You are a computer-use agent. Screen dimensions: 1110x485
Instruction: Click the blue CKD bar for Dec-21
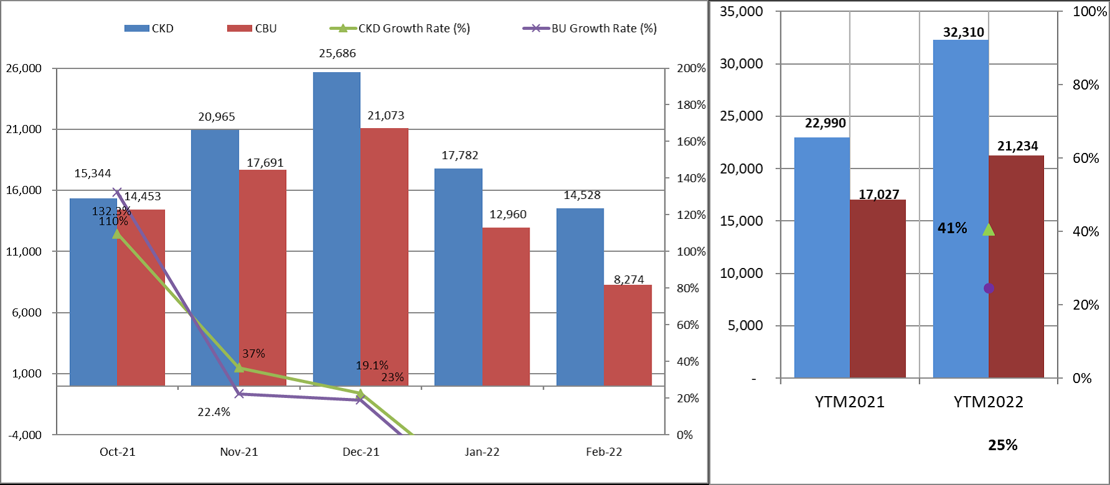337,229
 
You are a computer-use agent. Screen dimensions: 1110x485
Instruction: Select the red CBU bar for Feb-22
628,335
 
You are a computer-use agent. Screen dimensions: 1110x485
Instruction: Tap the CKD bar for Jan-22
459,277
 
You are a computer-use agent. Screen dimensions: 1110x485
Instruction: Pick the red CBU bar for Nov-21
263,278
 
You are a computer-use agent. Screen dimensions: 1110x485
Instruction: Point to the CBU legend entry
252,29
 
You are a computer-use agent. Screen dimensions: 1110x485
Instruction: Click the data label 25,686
337,53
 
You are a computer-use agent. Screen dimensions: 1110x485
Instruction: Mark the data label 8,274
629,279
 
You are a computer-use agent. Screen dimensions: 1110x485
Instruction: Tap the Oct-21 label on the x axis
118,452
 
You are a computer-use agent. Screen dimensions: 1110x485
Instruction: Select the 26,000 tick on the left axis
24,68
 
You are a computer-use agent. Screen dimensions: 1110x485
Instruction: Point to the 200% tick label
691,68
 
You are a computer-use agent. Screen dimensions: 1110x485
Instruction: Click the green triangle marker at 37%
240,367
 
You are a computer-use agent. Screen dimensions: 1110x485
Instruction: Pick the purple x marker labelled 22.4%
240,394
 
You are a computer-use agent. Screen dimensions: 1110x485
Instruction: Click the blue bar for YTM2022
961,209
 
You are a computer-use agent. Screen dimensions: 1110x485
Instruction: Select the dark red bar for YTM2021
878,289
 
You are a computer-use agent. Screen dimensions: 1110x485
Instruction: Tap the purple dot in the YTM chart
989,289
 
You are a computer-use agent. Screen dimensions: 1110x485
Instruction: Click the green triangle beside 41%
989,230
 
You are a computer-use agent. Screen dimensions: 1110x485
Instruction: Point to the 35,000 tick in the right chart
741,12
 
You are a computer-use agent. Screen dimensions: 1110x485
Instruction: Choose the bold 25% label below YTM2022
1003,445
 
